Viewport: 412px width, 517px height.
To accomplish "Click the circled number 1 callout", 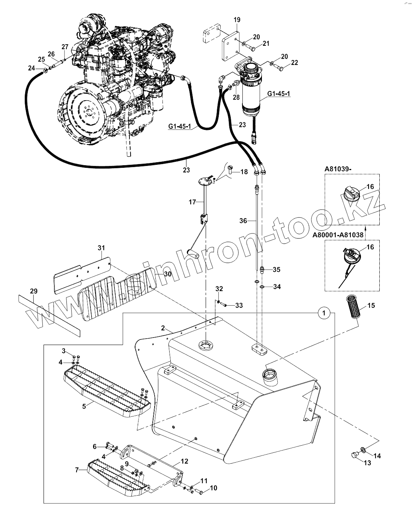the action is pyautogui.click(x=324, y=313).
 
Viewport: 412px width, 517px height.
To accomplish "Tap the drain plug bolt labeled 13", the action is pyautogui.click(x=355, y=455).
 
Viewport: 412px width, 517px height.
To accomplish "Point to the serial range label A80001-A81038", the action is pyautogui.click(x=338, y=235).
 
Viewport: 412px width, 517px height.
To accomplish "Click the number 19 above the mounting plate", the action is pyautogui.click(x=237, y=20).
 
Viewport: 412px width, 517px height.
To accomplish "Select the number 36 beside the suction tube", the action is pyautogui.click(x=243, y=220).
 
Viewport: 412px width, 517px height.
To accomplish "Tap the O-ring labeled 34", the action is pyautogui.click(x=262, y=286).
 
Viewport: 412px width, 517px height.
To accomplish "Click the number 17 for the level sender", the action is pyautogui.click(x=192, y=202).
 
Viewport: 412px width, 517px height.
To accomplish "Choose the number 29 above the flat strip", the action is pyautogui.click(x=34, y=291).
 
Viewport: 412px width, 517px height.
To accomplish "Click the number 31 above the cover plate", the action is pyautogui.click(x=101, y=247).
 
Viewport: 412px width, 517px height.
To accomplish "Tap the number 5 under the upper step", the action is pyautogui.click(x=84, y=406).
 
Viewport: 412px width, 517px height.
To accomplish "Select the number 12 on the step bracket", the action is pyautogui.click(x=184, y=461).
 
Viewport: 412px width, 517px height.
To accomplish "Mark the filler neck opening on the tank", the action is pyautogui.click(x=270, y=373).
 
